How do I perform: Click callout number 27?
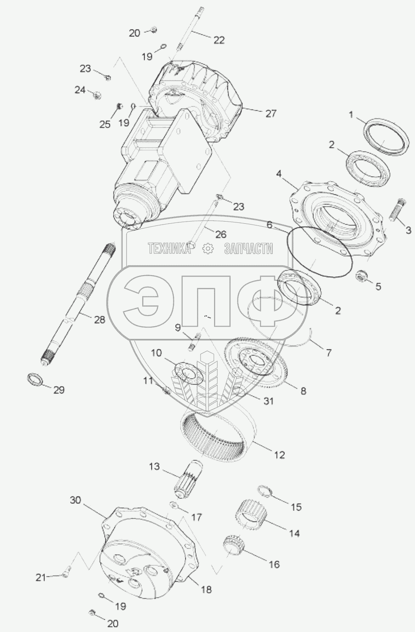click(x=271, y=114)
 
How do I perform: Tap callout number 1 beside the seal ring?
click(x=351, y=115)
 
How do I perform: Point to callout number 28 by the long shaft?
click(x=99, y=320)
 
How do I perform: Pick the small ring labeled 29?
click(x=35, y=378)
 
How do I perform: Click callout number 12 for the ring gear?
click(x=279, y=455)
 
